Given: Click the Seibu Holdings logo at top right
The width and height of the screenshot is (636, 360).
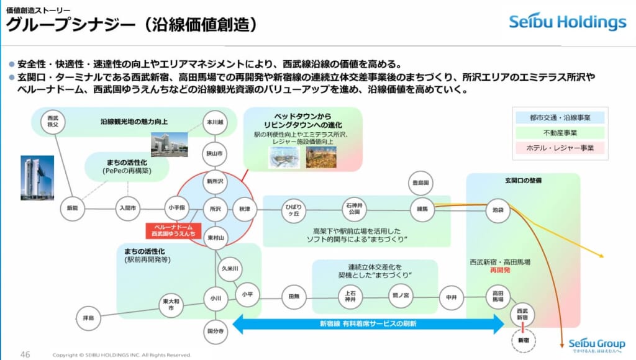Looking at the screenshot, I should pos(568,22).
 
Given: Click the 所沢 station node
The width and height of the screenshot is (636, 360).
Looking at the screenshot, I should pos(216,209).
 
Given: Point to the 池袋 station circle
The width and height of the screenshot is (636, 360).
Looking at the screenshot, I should pos(498,210).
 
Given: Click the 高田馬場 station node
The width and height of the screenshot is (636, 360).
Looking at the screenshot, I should pos(498,296).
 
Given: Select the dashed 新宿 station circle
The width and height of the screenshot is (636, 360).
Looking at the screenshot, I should pos(522,340).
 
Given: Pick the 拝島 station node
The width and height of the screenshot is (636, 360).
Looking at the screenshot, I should pos(88,318).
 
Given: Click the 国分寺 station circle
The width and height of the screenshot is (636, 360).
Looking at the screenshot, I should pos(216,331).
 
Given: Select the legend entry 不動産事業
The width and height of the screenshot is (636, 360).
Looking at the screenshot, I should pos(552,132).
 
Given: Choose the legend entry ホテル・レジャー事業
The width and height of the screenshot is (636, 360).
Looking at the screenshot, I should pos(552,148).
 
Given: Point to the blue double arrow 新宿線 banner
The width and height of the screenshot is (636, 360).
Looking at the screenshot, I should pos(368,323).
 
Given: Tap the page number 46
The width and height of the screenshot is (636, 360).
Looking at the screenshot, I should pos(25,354).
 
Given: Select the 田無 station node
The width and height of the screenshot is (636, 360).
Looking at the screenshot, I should pos(294,297).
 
